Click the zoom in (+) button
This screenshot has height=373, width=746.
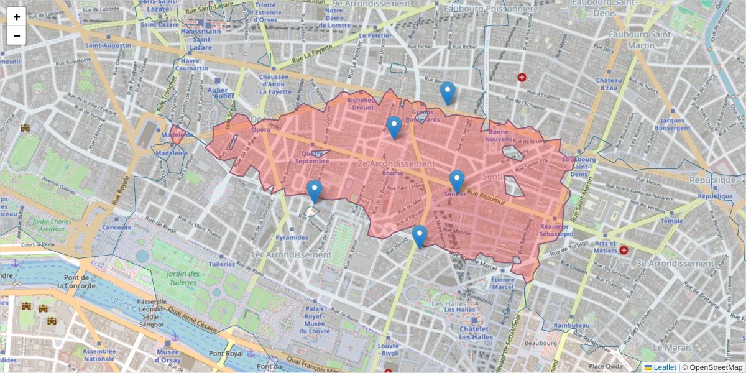(x=17, y=17)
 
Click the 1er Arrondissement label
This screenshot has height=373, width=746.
(x=290, y=255)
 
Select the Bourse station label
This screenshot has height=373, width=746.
(x=393, y=173)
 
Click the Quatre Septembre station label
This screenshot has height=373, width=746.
(x=311, y=157)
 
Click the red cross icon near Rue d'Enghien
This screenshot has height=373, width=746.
(x=522, y=77)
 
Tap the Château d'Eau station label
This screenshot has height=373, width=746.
(x=609, y=84)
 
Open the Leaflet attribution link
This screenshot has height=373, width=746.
(x=665, y=367)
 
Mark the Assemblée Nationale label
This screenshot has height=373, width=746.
(x=100, y=355)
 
